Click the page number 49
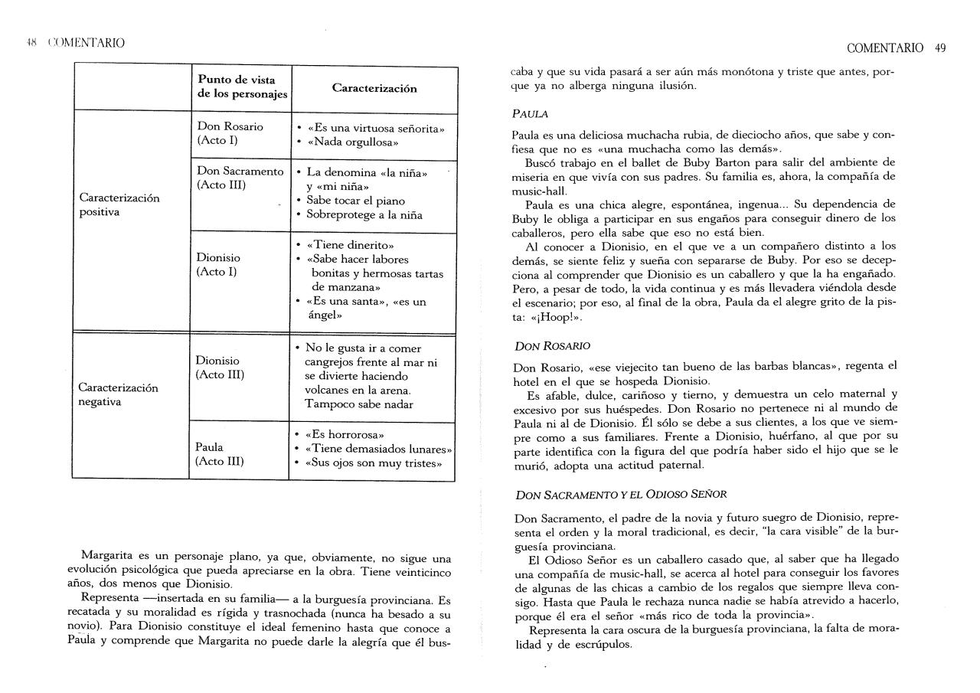click(x=940, y=47)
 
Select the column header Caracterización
click(x=374, y=88)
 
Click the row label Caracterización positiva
click(x=119, y=204)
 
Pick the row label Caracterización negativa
click(x=118, y=394)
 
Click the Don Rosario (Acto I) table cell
click(x=230, y=133)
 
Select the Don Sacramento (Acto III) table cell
click(x=240, y=178)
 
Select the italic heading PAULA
click(x=530, y=114)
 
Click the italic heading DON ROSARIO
click(x=551, y=346)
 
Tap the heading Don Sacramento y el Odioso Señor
click(x=621, y=495)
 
